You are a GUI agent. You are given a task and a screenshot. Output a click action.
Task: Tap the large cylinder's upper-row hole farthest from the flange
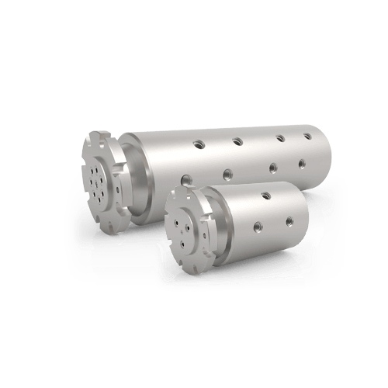tap(308, 137)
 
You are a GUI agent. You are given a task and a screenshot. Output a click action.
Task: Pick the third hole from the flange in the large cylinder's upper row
tap(276, 139)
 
